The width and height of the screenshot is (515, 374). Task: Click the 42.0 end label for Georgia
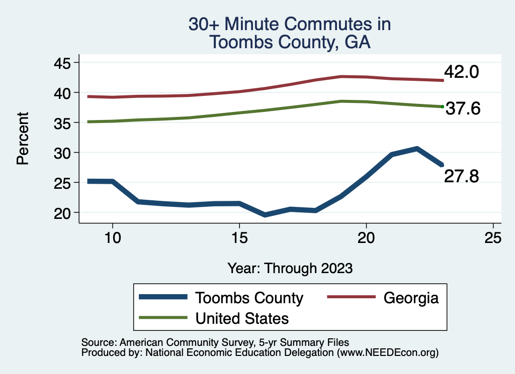tap(461, 72)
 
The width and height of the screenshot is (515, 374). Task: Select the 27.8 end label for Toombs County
tap(461, 176)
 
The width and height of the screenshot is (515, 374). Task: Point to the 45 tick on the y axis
tap(63, 63)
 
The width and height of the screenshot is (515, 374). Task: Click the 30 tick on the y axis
tap(63, 153)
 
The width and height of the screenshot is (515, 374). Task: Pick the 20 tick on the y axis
tap(63, 212)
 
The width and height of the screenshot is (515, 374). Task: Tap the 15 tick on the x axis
tap(239, 238)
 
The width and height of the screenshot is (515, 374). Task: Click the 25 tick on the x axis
tap(493, 238)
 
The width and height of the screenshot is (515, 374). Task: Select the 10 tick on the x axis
tap(113, 238)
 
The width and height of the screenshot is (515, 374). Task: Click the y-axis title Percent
tap(23, 138)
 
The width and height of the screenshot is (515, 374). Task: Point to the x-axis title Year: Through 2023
tap(290, 268)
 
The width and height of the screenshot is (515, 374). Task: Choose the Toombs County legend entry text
tap(249, 298)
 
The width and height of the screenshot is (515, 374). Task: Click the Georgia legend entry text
tap(411, 298)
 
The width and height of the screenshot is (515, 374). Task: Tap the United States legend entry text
tap(242, 318)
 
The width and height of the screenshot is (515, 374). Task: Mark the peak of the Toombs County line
tap(417, 149)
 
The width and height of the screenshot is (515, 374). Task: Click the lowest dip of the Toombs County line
tap(265, 215)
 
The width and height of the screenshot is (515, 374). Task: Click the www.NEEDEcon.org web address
tap(387, 353)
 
